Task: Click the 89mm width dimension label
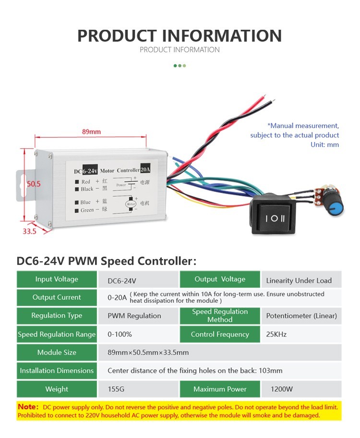point(91,131)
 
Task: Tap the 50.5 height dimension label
point(34,184)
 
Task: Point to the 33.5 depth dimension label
point(30,231)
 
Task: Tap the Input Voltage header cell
point(57,279)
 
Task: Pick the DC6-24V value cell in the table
point(122,280)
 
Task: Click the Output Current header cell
point(57,297)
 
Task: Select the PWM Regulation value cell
point(134,316)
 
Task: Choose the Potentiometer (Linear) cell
point(301,316)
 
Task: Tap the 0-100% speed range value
point(120,334)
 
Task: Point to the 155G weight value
point(117,389)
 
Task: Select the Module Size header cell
point(57,353)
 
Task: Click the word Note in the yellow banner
point(28,407)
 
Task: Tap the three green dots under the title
point(180,66)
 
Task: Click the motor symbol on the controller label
point(131,203)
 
